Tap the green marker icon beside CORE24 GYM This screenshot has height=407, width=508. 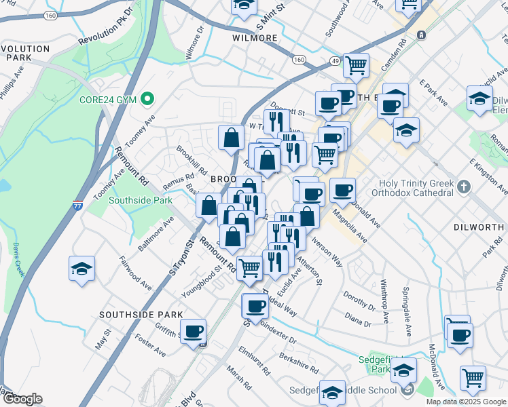(x=147, y=100)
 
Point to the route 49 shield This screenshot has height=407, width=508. (x=335, y=61)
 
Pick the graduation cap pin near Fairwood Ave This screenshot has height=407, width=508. (x=82, y=270)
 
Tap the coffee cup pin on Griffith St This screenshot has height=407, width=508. (x=194, y=332)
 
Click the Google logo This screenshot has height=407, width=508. (x=22, y=399)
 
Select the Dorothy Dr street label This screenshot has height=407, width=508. (x=355, y=298)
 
